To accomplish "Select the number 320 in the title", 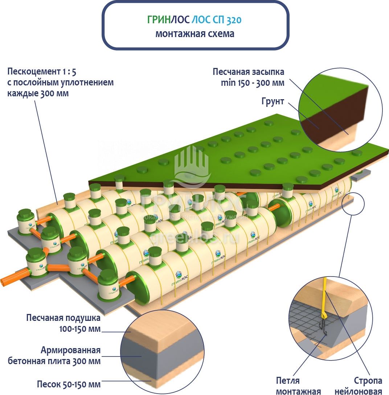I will pos(234,20).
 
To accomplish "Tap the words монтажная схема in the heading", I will pos(195,34).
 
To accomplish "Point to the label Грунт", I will pos(273,101).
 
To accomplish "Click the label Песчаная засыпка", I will pos(248,72).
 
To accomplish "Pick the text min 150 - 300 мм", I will pos(252,83).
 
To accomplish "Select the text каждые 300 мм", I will pos(38,93).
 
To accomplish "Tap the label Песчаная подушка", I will pos(63,318).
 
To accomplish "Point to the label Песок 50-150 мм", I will pos(69,384).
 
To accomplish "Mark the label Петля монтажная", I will pos(298,386).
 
